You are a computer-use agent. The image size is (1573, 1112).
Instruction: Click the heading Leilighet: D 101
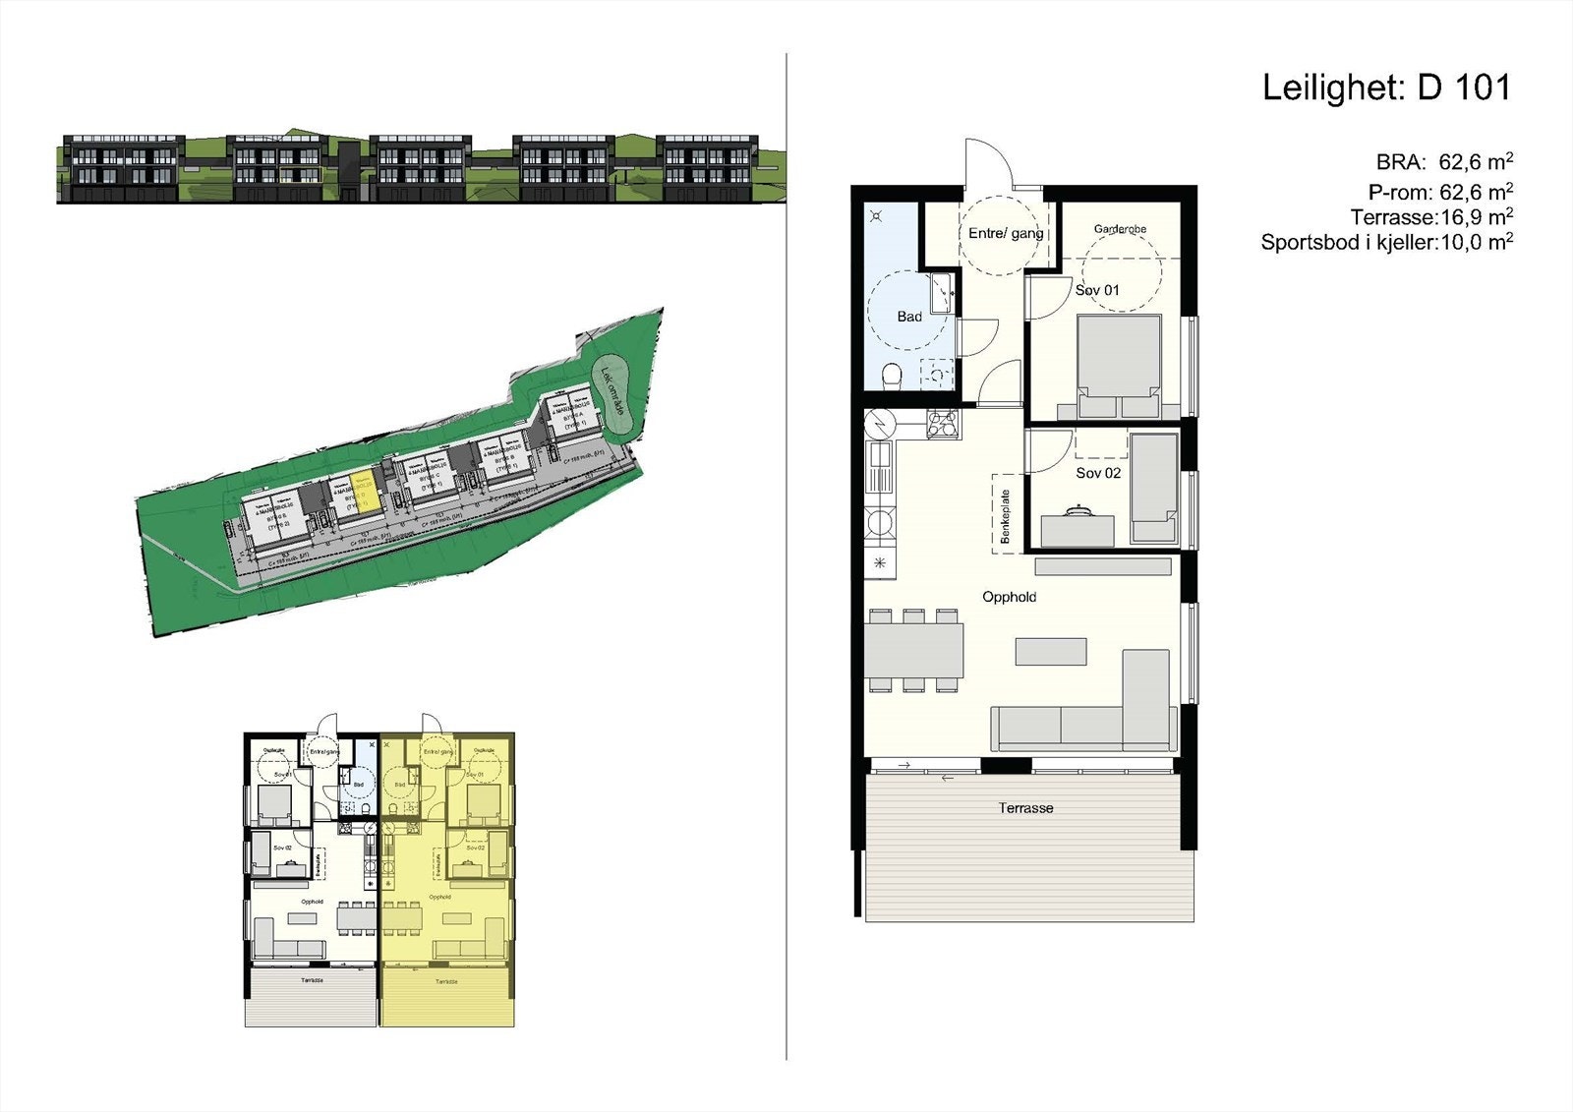(x=1385, y=88)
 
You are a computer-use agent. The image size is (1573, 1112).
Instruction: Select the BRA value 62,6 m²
(x=1476, y=162)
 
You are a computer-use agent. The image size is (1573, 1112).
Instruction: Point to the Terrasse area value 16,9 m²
(x=1476, y=217)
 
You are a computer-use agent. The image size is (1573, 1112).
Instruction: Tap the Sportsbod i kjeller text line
(x=1386, y=243)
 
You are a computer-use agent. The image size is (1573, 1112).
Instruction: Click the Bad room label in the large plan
(x=909, y=317)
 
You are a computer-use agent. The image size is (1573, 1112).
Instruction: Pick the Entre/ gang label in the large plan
(x=1006, y=234)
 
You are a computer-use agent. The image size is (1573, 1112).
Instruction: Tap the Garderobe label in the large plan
(x=1120, y=229)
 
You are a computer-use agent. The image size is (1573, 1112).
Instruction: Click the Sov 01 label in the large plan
(x=1097, y=290)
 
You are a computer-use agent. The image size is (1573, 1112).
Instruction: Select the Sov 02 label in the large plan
(x=1098, y=473)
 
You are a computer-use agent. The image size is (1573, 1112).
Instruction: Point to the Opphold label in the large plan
(x=1009, y=597)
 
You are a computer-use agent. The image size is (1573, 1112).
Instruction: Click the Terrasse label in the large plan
(x=1025, y=808)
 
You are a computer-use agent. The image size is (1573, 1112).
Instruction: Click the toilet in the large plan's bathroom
(x=893, y=376)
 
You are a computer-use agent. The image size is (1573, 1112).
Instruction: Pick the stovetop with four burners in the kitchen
(x=943, y=423)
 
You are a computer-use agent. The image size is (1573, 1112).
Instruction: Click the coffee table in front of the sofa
(x=1051, y=652)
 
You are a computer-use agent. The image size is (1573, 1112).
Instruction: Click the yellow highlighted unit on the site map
(x=361, y=492)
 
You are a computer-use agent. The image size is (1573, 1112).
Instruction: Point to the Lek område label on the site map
(x=614, y=390)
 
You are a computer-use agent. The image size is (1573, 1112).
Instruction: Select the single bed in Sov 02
(x=1154, y=488)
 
